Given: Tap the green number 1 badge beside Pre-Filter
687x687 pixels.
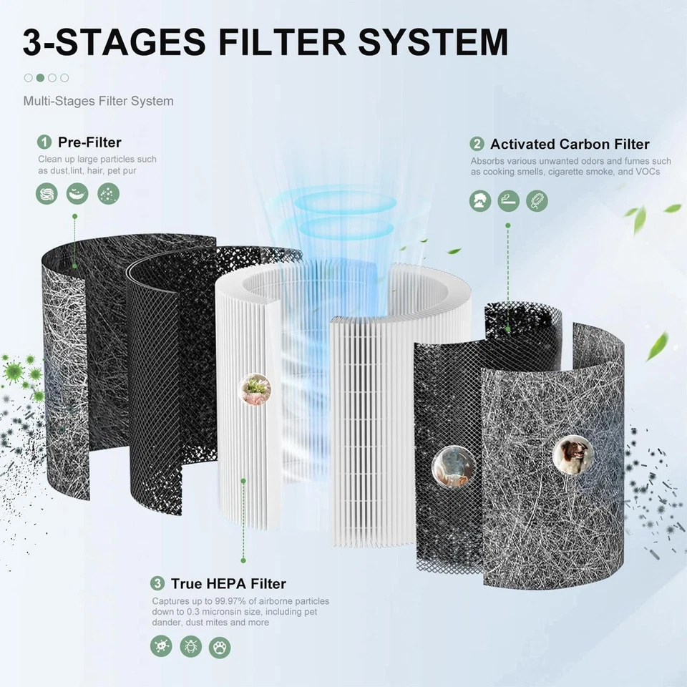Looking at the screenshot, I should [44, 142].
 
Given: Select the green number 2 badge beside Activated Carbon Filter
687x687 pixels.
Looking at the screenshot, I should [477, 144].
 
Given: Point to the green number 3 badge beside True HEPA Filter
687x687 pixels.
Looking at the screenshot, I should [157, 584].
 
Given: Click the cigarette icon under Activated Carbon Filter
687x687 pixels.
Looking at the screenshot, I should [508, 200].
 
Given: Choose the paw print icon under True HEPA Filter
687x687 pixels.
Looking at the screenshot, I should [220, 647].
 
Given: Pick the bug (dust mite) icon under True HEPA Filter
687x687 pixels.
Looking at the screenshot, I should [190, 647].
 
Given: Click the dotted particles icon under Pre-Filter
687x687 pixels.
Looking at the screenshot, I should [108, 193].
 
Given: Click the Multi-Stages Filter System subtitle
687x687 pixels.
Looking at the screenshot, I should [98, 101].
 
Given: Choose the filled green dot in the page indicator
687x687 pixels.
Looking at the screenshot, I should [40, 77].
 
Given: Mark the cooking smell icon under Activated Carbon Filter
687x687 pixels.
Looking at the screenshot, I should [480, 200].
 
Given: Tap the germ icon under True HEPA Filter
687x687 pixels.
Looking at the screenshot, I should [161, 647].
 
